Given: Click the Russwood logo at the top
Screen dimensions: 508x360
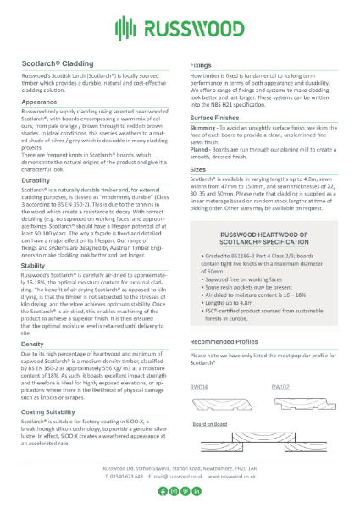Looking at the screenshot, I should (x=180, y=31).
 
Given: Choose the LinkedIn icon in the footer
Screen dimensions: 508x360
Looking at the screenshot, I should (x=197, y=490).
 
